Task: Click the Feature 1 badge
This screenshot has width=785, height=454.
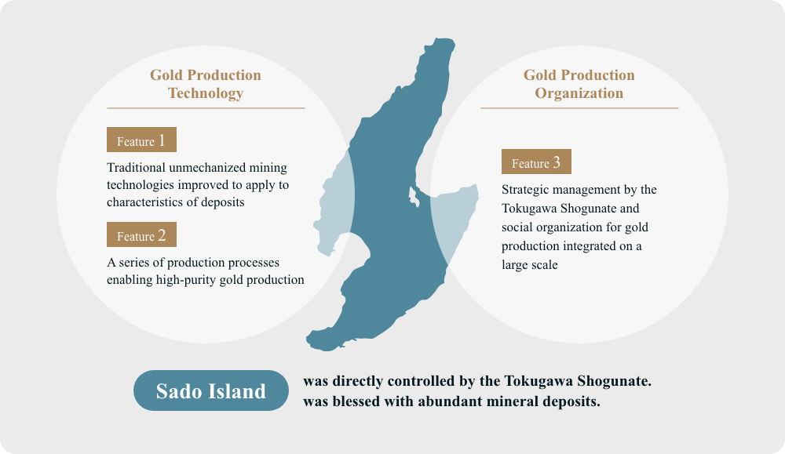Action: pos(141,140)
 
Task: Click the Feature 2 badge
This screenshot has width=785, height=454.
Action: pos(141,235)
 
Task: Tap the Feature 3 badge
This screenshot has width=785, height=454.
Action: pos(536,162)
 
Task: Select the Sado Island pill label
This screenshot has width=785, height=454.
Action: pos(211,390)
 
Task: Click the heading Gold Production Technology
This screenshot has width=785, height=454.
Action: pos(206,84)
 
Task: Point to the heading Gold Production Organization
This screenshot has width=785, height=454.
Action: pos(579,84)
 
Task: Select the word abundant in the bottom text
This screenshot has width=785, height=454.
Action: pos(436,401)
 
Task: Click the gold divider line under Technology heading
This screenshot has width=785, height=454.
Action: pos(206,108)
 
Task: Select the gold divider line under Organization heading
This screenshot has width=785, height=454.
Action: pos(579,108)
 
